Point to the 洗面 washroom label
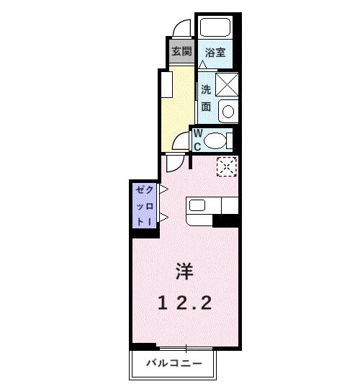point(206,98)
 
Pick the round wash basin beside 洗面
point(228,112)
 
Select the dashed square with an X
point(227,167)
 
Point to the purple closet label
point(140,205)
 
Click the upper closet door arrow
point(163,191)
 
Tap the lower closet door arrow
point(163,218)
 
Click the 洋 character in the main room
point(184,272)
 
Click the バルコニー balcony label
point(174,362)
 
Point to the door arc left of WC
point(181,140)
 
